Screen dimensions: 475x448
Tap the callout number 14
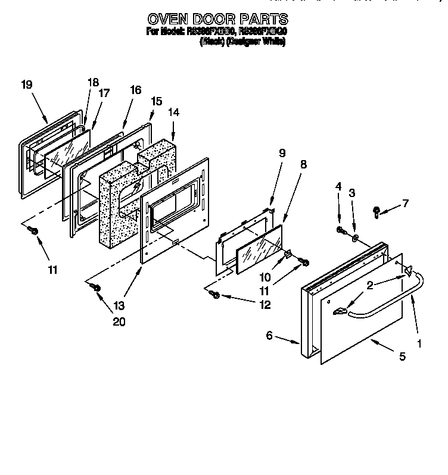pos(173,111)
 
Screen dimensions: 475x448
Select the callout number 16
pos(135,90)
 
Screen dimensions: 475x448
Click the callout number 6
pos(269,336)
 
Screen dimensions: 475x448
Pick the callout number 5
pos(403,357)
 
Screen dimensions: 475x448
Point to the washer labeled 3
pos(355,239)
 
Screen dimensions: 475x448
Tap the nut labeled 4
pos(340,230)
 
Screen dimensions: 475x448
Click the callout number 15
pos(156,101)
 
